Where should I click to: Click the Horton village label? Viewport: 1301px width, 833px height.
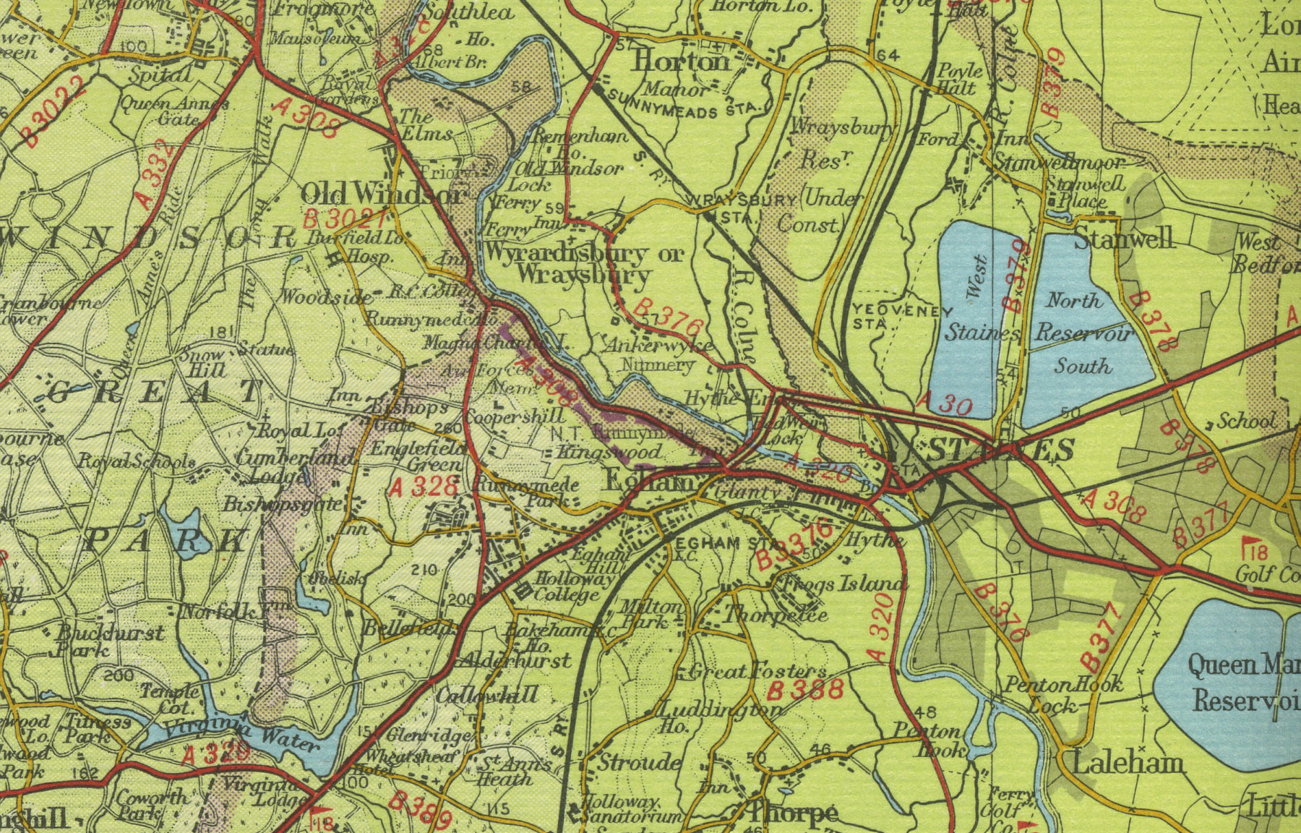pyautogui.click(x=682, y=61)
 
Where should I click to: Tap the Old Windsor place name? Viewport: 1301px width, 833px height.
pyautogui.click(x=382, y=194)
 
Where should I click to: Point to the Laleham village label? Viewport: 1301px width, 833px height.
pyautogui.click(x=1128, y=762)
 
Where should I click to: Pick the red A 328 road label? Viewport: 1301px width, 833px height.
pyautogui.click(x=424, y=487)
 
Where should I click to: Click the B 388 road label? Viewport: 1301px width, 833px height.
pyautogui.click(x=805, y=690)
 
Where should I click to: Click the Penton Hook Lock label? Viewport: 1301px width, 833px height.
pyautogui.click(x=1062, y=693)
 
